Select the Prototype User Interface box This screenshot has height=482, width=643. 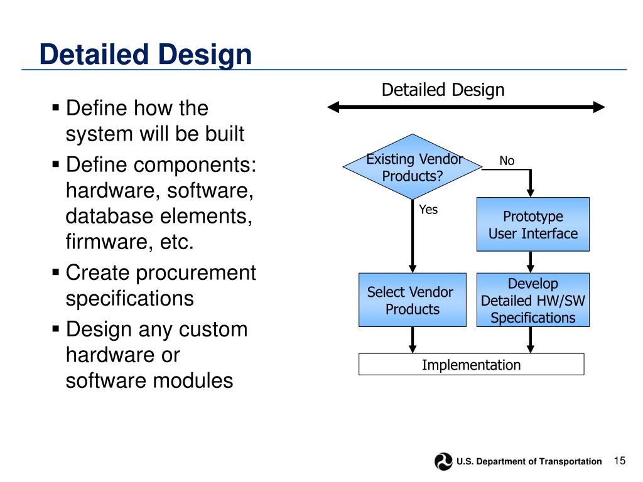(533, 225)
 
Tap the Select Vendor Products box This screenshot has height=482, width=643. (412, 300)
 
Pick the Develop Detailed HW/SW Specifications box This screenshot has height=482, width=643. (533, 300)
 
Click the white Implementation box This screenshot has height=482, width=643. (471, 365)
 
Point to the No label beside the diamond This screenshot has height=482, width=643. (507, 161)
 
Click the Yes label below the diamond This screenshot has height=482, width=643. (428, 210)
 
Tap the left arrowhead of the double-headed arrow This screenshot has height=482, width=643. (333, 107)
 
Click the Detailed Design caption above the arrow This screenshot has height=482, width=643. (443, 90)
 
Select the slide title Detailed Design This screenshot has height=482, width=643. (145, 55)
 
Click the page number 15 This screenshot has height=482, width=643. (620, 461)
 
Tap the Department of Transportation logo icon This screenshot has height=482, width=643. (443, 461)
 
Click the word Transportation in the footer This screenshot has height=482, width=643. (569, 461)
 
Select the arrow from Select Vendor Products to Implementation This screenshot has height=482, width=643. (413, 340)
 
